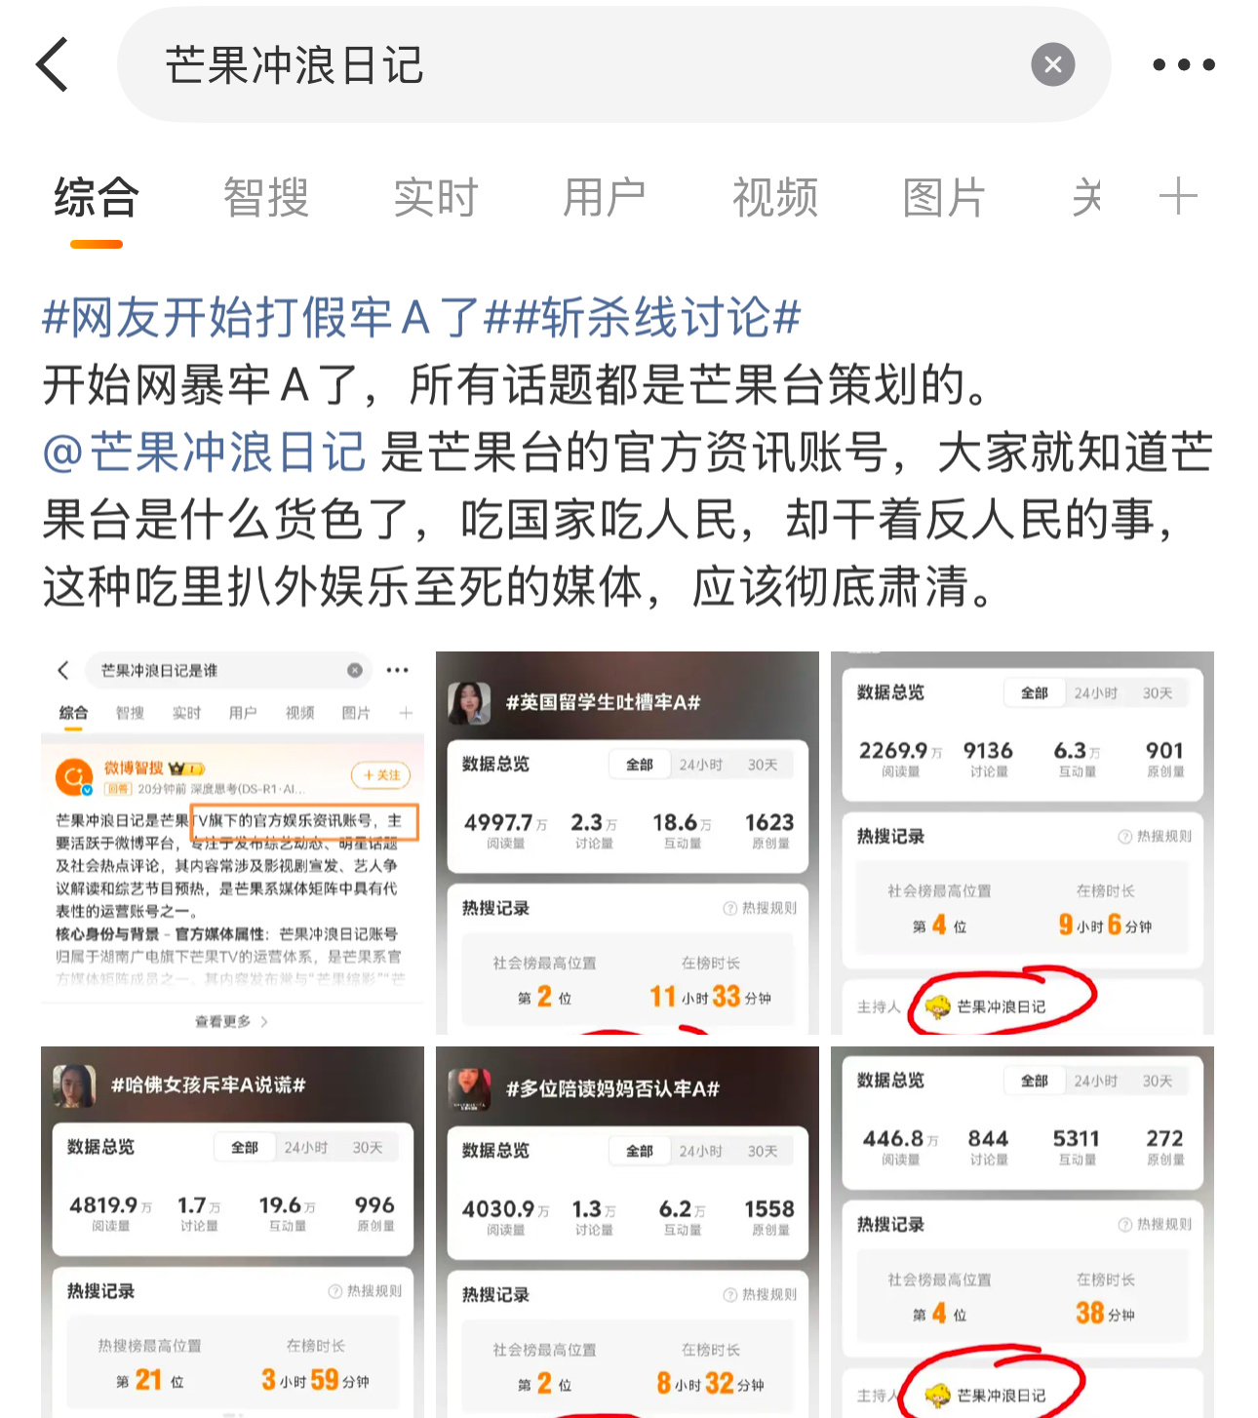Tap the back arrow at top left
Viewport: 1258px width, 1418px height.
tap(53, 64)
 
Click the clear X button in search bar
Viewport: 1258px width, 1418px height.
tap(1052, 64)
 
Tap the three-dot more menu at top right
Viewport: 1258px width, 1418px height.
tap(1183, 64)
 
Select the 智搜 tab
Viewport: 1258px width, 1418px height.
tap(265, 198)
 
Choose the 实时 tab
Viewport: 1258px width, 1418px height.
tap(435, 198)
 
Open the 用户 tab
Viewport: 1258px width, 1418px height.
tap(604, 198)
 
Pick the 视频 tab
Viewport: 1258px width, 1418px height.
tap(774, 198)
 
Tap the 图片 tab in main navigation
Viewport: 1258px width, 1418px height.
tap(943, 198)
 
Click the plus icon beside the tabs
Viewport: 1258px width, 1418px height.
tap(1177, 197)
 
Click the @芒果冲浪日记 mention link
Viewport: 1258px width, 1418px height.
tap(205, 453)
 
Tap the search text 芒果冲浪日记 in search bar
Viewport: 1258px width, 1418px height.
tap(294, 65)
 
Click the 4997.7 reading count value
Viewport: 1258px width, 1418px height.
tap(498, 822)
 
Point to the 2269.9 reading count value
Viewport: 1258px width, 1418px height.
tap(893, 750)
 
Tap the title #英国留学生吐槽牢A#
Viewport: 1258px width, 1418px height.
tap(603, 702)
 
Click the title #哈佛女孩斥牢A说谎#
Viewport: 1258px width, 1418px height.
tap(208, 1084)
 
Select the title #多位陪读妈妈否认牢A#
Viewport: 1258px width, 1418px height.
tap(612, 1088)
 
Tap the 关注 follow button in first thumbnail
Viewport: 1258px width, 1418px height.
tap(380, 774)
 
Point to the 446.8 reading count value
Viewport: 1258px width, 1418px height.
tap(893, 1138)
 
